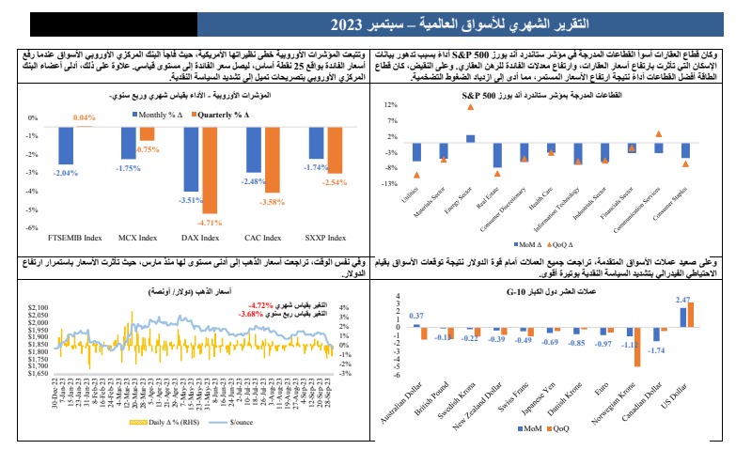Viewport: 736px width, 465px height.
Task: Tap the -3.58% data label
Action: tap(272, 203)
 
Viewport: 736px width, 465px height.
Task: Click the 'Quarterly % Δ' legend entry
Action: tap(223, 115)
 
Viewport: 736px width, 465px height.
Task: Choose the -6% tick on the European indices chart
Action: tap(31, 227)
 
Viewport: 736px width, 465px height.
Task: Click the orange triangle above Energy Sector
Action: tap(470, 107)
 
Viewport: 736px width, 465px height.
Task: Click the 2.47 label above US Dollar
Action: tap(683, 300)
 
